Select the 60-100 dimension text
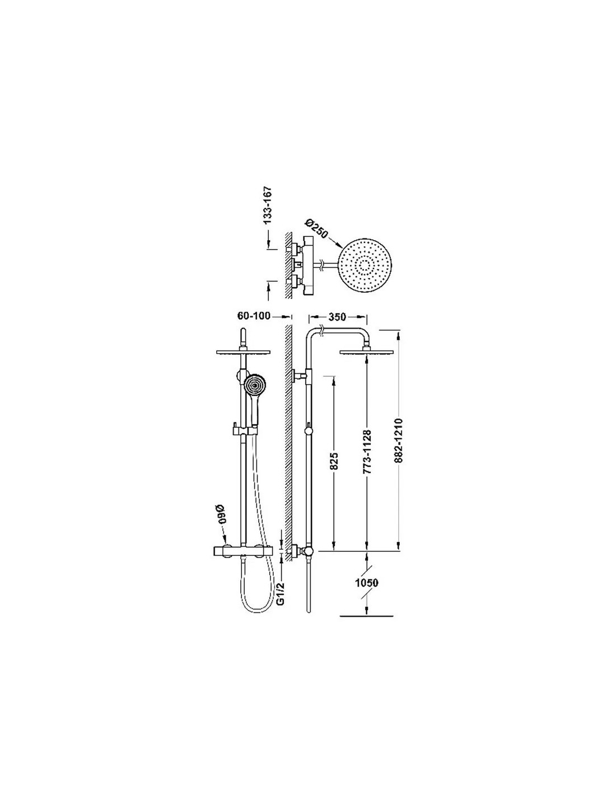254,316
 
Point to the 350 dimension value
338,317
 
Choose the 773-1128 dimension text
368,452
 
